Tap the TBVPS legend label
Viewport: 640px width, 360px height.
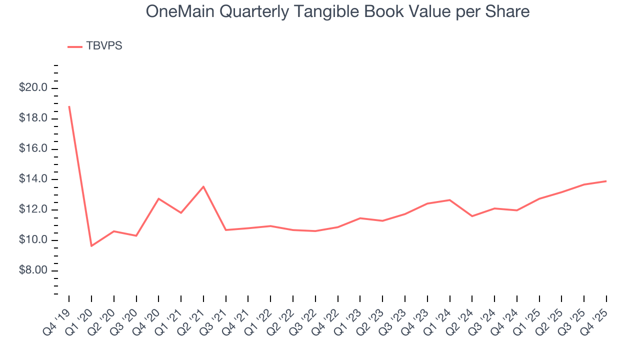click(104, 46)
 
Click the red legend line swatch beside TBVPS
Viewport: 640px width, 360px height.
click(75, 46)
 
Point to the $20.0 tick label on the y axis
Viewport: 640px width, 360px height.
click(33, 88)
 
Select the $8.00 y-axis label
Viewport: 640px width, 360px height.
click(33, 271)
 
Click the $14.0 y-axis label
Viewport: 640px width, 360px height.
click(33, 179)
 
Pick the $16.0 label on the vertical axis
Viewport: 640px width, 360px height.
click(33, 149)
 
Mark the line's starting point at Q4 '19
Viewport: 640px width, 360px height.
click(69, 106)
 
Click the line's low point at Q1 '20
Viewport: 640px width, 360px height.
click(91, 246)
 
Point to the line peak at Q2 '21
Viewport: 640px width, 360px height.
click(203, 186)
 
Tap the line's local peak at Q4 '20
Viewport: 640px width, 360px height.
click(158, 198)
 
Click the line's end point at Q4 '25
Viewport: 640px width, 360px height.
click(606, 181)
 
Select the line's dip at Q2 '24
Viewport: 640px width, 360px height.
click(472, 216)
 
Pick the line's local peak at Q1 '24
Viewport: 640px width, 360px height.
click(450, 200)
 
